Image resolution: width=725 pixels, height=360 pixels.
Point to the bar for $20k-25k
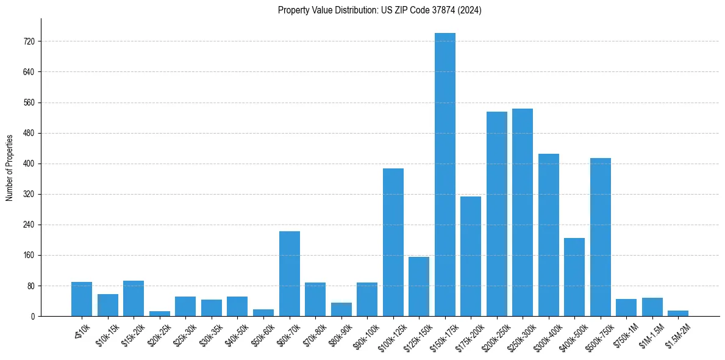(159, 314)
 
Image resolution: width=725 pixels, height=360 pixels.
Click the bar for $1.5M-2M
(677, 313)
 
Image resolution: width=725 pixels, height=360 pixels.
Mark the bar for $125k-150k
(419, 286)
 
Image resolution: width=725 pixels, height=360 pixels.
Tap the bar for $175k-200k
(471, 256)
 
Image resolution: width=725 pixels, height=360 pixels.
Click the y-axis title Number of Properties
(9, 167)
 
